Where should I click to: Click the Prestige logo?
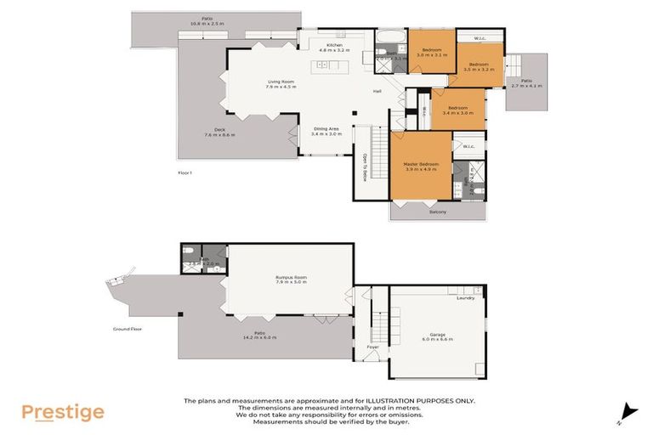63,413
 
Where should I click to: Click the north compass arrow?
628,411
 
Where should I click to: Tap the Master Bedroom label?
420,163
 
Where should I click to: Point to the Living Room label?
281,82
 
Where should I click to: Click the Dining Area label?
326,129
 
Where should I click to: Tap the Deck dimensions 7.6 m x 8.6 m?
219,135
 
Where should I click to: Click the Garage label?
438,334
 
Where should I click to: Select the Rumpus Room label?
291,277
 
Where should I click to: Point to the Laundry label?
465,298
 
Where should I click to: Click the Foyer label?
372,347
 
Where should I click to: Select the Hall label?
376,92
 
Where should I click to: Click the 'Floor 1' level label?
185,172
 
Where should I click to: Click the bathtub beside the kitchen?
392,37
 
